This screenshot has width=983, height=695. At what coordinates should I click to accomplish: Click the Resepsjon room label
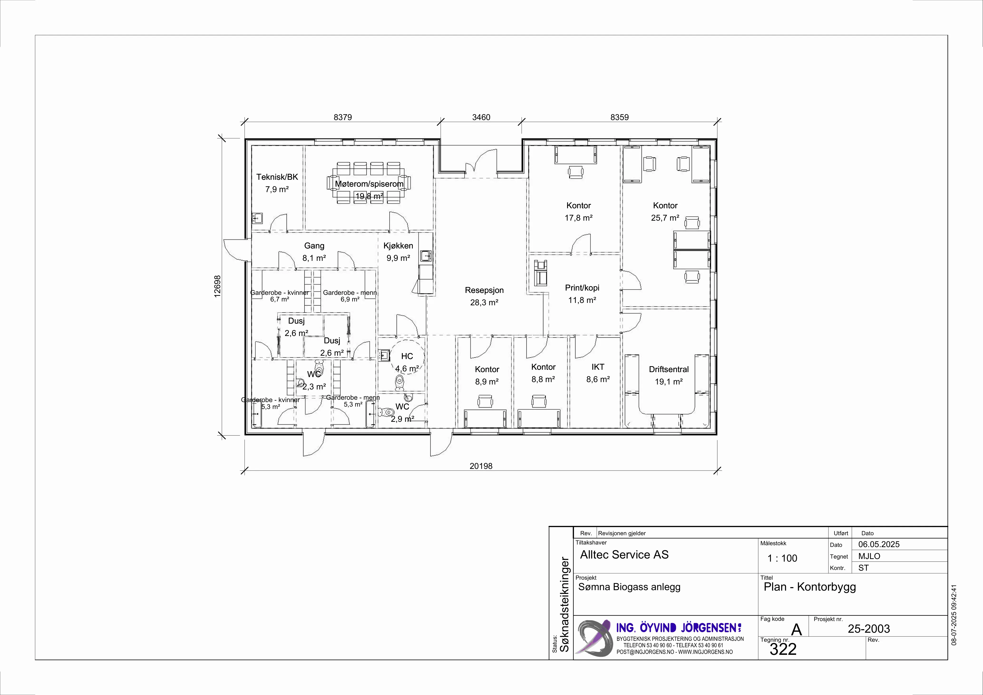click(x=484, y=290)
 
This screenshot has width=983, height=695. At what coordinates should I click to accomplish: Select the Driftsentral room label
click(x=668, y=369)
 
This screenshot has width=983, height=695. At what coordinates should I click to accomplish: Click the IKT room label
click(x=598, y=367)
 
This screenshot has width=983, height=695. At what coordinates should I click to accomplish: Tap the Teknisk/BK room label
click(x=277, y=177)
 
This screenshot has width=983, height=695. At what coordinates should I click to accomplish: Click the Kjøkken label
click(x=398, y=246)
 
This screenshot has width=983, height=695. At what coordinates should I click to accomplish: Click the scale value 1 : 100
click(x=782, y=558)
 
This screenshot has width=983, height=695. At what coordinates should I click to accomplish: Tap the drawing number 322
click(x=783, y=649)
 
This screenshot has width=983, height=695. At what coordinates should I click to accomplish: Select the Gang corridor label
click(x=314, y=246)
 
